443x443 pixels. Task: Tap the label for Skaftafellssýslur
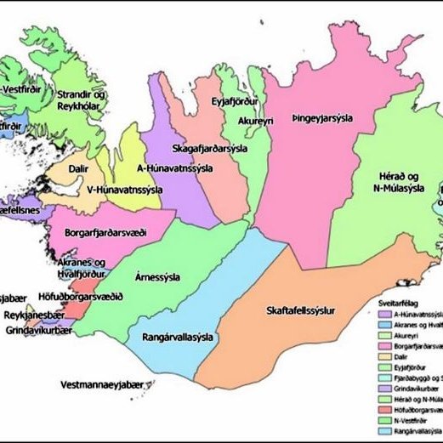point(301,310)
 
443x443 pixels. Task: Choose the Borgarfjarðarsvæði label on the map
point(105,231)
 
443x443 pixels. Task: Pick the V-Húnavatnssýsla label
point(111,189)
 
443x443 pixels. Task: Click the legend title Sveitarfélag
point(400,301)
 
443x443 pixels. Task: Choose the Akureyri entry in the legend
point(408,336)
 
